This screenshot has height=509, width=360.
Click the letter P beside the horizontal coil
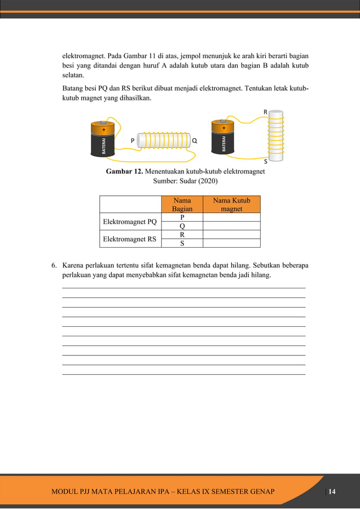pyautogui.click(x=133, y=139)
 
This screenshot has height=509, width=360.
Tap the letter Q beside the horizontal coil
pyautogui.click(x=194, y=139)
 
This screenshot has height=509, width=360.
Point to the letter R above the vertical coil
pyautogui.click(x=265, y=112)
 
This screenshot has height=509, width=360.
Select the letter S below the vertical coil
pyautogui.click(x=266, y=161)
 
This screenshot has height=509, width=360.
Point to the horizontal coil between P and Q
pyautogui.click(x=164, y=141)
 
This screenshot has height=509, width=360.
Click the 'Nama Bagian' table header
pyautogui.click(x=182, y=204)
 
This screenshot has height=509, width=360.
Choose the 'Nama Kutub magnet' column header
pyautogui.click(x=231, y=204)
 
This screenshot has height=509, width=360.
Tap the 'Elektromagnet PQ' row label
pyautogui.click(x=129, y=222)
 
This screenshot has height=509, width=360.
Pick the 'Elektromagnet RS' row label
pyautogui.click(x=129, y=239)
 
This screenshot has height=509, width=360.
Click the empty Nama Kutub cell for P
pyautogui.click(x=231, y=217)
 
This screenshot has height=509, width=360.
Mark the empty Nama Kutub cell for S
pyautogui.click(x=231, y=243)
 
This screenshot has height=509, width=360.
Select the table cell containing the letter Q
pyautogui.click(x=182, y=226)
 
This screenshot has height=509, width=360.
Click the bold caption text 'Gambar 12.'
pyautogui.click(x=124, y=172)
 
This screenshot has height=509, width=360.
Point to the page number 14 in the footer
pyautogui.click(x=332, y=492)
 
